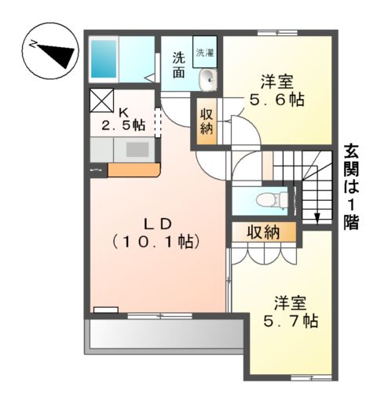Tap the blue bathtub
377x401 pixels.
pyautogui.click(x=104, y=57)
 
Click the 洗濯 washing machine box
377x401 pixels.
pyautogui.click(x=205, y=53)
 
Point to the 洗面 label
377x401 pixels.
pyautogui.click(x=178, y=64)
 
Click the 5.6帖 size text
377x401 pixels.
pyautogui.click(x=276, y=100)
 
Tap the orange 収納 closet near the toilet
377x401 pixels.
pyautogui.click(x=263, y=231)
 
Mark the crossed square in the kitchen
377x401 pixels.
pyautogui.click(x=102, y=102)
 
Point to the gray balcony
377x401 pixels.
pyautogui.click(x=164, y=336)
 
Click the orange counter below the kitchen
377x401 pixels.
pyautogui.click(x=134, y=169)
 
